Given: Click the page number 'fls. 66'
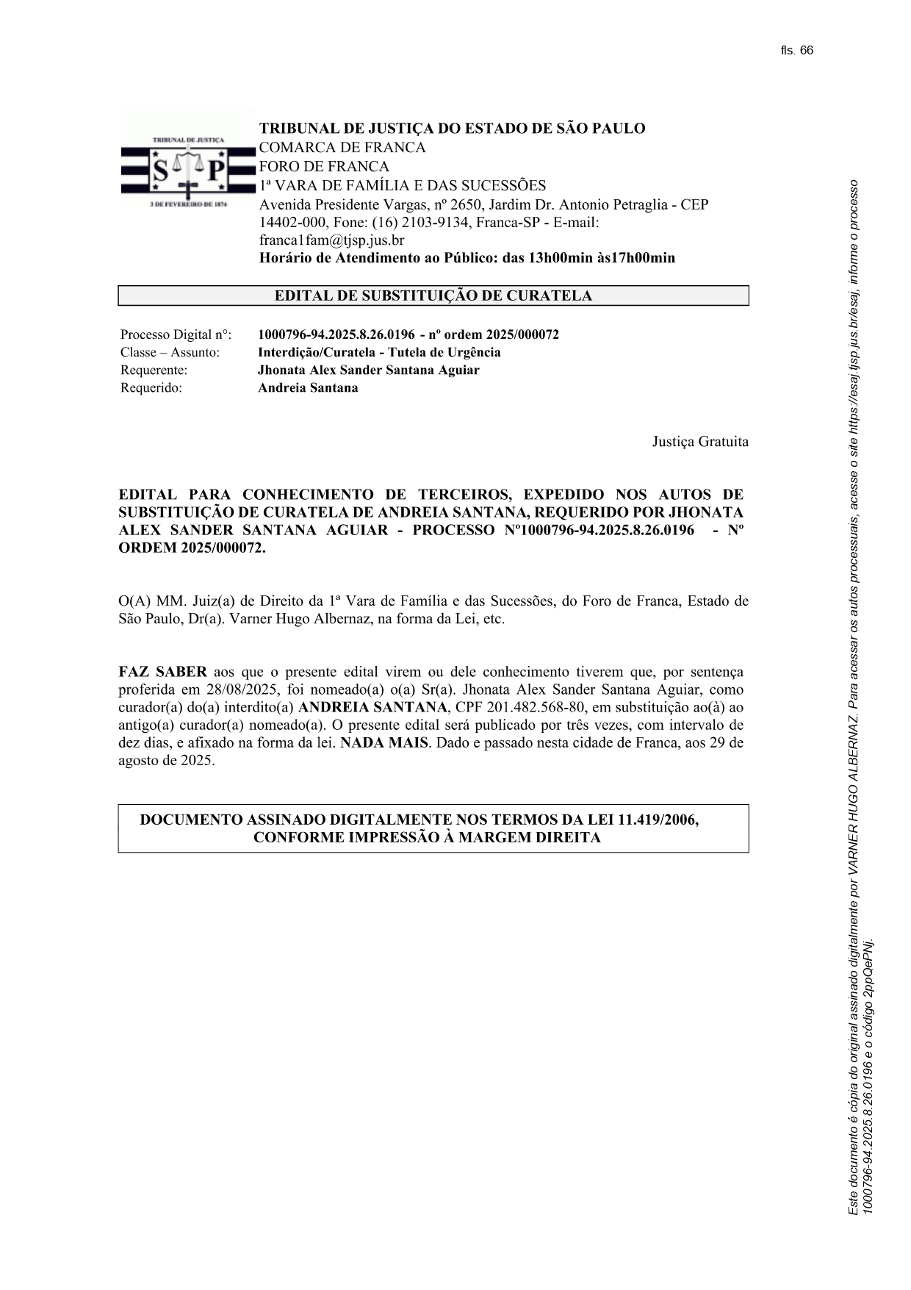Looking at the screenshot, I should [x=797, y=51].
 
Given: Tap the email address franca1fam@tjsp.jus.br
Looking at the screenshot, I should [x=331, y=240].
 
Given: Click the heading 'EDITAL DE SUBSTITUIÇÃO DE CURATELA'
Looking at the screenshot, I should [x=433, y=296].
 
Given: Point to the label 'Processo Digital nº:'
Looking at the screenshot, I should [x=176, y=335].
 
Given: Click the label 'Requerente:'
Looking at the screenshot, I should [x=154, y=370].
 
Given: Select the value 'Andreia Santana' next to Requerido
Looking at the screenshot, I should [x=308, y=388].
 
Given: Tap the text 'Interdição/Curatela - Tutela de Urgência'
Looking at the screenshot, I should [x=379, y=353].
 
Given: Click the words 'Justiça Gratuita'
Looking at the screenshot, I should [x=700, y=442].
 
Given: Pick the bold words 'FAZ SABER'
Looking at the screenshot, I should [x=162, y=673].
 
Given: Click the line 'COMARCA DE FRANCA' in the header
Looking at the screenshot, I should [x=342, y=148].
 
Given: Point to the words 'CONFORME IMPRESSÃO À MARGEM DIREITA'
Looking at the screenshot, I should [x=427, y=838].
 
